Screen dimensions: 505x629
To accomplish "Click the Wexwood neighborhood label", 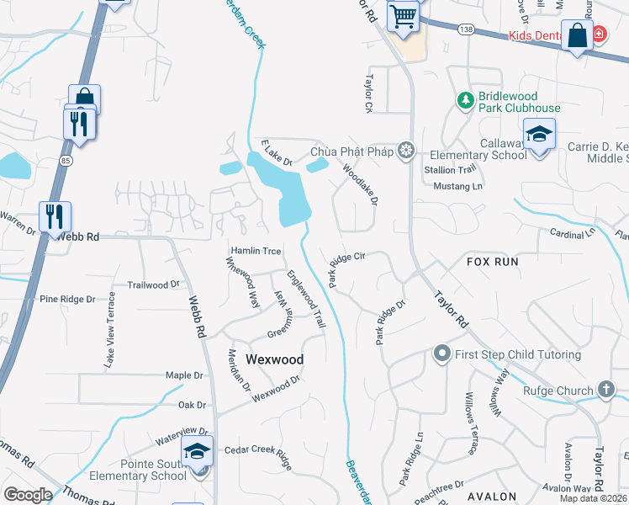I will click(x=274, y=359).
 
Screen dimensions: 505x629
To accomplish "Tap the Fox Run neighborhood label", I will click(x=493, y=262).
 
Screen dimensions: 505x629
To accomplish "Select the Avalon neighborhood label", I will click(x=492, y=496).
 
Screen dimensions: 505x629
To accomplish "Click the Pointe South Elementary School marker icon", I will click(x=198, y=453).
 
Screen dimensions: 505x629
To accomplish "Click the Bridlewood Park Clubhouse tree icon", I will click(x=465, y=101).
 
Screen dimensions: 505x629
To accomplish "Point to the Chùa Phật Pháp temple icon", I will click(x=406, y=151).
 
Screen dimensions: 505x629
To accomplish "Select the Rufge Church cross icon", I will click(x=605, y=389).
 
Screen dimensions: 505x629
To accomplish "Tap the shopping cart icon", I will click(x=403, y=15).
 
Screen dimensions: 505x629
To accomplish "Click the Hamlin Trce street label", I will click(x=256, y=252).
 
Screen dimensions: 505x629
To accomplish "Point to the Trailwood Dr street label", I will click(x=152, y=285).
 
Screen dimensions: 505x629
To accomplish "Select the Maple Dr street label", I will click(x=185, y=375).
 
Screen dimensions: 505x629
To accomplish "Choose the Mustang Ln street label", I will click(x=458, y=185).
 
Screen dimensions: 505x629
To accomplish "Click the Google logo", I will click(x=28, y=495).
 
